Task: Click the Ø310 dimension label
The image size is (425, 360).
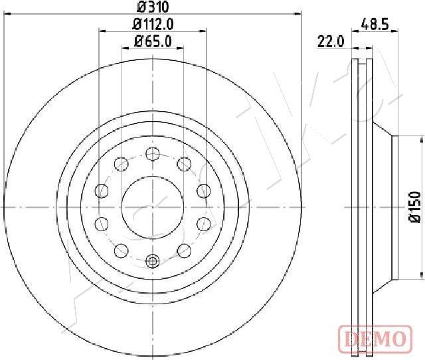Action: click(153, 7)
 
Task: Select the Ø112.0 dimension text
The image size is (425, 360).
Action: click(153, 25)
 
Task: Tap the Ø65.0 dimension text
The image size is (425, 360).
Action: click(153, 42)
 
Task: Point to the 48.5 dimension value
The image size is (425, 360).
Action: click(375, 25)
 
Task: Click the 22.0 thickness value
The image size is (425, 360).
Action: click(331, 42)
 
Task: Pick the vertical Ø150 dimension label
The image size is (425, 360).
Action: click(414, 207)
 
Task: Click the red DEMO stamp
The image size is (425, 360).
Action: click(375, 339)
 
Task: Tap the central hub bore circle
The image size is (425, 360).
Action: click(153, 207)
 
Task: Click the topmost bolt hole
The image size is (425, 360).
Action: click(153, 153)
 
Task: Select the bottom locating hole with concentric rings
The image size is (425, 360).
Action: click(153, 261)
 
